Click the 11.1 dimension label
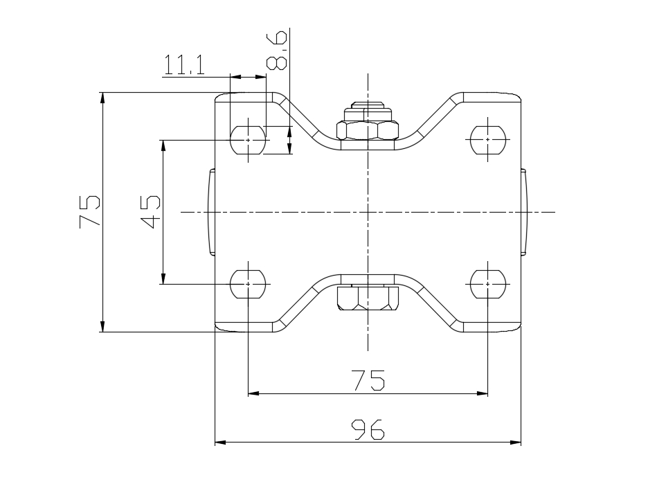pyautogui.click(x=183, y=64)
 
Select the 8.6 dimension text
pyautogui.click(x=277, y=50)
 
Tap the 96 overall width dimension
pyautogui.click(x=368, y=429)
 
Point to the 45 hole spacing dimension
pyautogui.click(x=150, y=212)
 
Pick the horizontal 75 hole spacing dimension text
pyautogui.click(x=368, y=380)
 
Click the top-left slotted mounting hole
pyautogui.click(x=248, y=140)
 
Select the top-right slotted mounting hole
pyautogui.click(x=487, y=140)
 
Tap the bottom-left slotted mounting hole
pyautogui.click(x=248, y=285)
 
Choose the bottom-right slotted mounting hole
pyautogui.click(x=487, y=285)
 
